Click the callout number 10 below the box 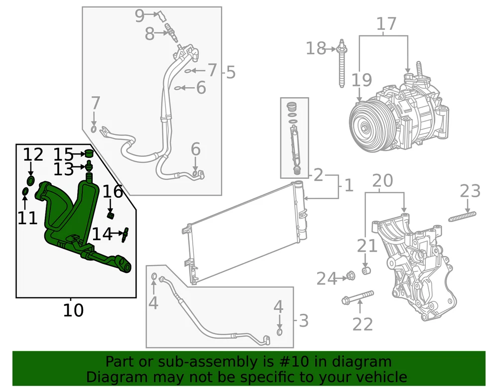(73, 311)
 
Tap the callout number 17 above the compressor (386, 23)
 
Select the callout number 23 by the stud (470, 191)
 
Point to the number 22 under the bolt (363, 324)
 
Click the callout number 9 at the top (139, 16)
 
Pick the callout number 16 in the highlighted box (113, 191)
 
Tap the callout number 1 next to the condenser (349, 186)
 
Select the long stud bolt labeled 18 (342, 65)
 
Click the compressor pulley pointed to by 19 (366, 125)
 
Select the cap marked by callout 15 (89, 153)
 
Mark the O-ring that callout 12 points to (30, 180)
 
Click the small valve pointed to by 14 (126, 233)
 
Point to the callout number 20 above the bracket (382, 180)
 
